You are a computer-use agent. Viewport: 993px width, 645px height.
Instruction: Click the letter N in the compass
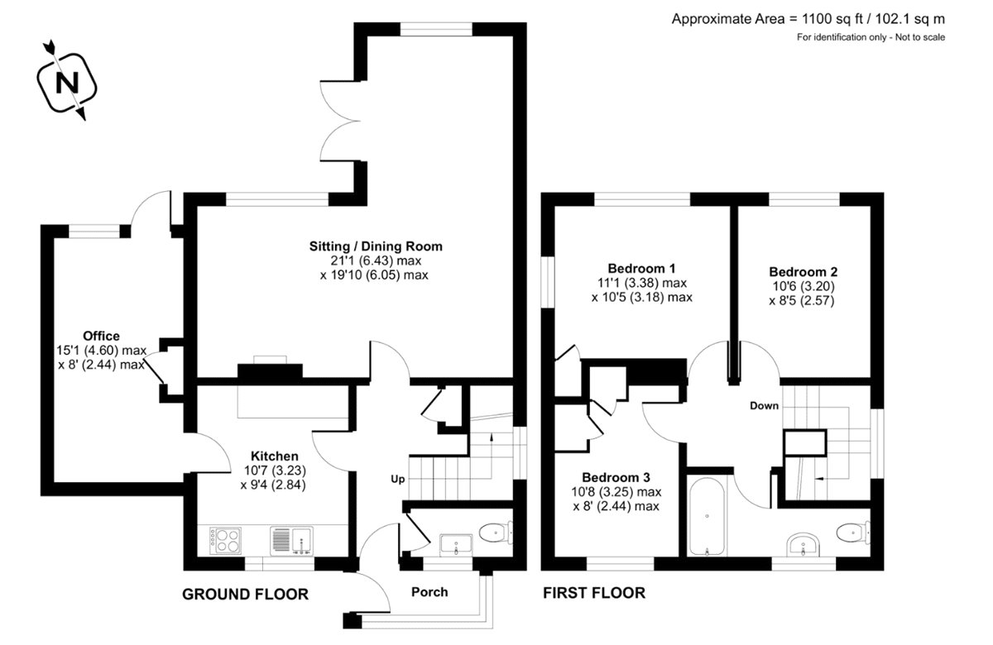(67, 84)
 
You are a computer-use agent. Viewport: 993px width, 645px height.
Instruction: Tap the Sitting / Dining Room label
(376, 246)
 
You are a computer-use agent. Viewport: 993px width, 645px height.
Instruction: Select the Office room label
(101, 336)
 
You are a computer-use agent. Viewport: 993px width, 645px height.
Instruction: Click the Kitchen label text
(275, 456)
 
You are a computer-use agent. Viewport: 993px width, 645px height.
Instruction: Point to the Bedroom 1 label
(641, 268)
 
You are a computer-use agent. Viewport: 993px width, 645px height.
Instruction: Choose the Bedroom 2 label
(803, 271)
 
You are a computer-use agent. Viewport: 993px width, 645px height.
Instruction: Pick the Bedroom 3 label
(616, 477)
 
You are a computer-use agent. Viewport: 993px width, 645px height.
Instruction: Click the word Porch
(429, 591)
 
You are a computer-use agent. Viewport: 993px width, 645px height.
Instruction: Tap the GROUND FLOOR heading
(245, 594)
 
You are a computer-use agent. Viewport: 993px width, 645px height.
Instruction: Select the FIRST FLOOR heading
(593, 593)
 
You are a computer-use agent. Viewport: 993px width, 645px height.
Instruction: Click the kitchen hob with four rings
(226, 541)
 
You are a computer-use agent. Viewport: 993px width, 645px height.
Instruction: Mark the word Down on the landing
(764, 406)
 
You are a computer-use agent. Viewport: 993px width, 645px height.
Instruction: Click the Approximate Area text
(808, 18)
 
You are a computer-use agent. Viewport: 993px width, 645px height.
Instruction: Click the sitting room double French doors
(339, 122)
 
